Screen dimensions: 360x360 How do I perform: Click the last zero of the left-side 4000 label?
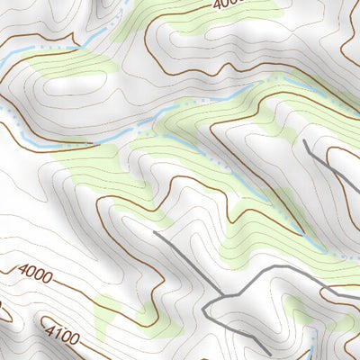click(46, 275)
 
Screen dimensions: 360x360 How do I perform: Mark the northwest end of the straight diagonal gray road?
click(154, 232)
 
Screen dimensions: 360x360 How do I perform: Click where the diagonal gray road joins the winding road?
click(221, 296)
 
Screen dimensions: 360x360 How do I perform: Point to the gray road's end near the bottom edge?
click(267, 354)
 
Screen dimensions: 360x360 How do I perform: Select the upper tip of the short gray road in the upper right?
click(304, 140)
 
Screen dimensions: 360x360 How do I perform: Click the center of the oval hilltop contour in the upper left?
click(75, 86)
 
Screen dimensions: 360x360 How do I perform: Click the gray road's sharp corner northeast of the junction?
click(269, 271)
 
